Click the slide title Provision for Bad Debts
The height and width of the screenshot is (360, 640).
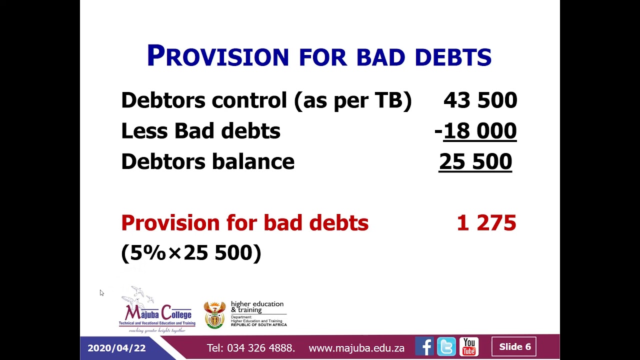tap(319, 56)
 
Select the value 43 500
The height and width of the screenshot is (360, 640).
tap(480, 100)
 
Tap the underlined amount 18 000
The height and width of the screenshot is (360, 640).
tap(479, 131)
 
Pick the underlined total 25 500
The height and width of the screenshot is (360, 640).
tap(475, 161)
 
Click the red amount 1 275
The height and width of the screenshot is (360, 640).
tap(486, 223)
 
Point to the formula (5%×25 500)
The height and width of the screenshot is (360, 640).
tap(191, 252)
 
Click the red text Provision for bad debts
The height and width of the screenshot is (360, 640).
tap(244, 223)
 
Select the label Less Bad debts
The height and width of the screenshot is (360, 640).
tap(200, 131)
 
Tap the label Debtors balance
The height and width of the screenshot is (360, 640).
tap(207, 161)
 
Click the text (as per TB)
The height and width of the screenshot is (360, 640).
tap(353, 100)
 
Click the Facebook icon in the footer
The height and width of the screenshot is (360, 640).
tap(424, 347)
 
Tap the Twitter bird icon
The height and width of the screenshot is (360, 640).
tap(446, 347)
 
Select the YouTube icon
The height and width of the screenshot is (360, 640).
tap(469, 347)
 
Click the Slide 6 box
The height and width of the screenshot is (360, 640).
tap(514, 347)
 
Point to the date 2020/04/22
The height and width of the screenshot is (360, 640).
tap(116, 348)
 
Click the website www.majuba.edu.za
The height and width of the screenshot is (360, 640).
tap(356, 348)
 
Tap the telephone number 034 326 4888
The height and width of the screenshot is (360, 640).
tap(260, 348)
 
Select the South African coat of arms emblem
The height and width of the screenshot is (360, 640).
tap(214, 314)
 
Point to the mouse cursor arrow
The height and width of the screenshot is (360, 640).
tap(101, 292)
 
